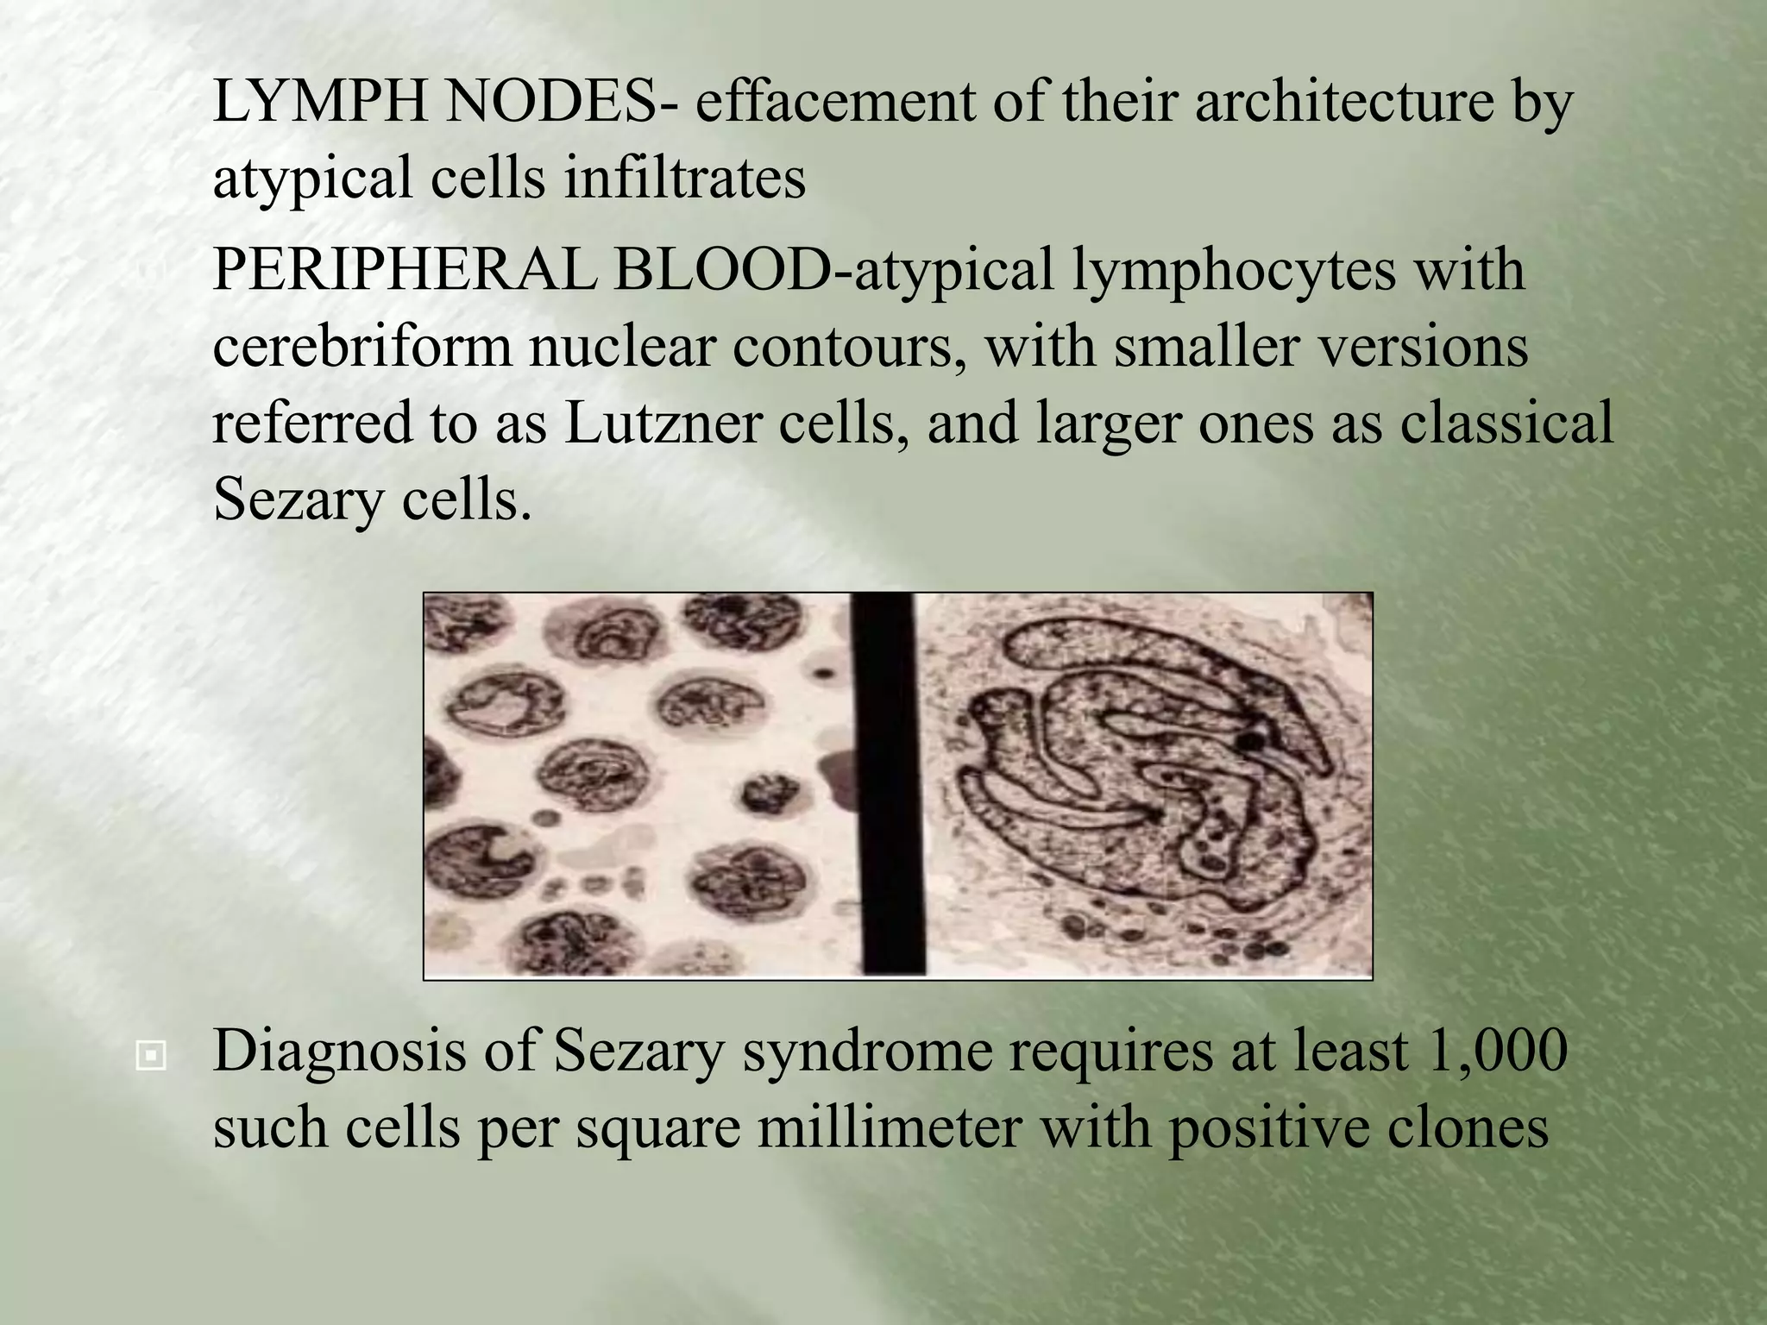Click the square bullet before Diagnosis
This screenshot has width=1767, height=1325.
tap(151, 1054)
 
